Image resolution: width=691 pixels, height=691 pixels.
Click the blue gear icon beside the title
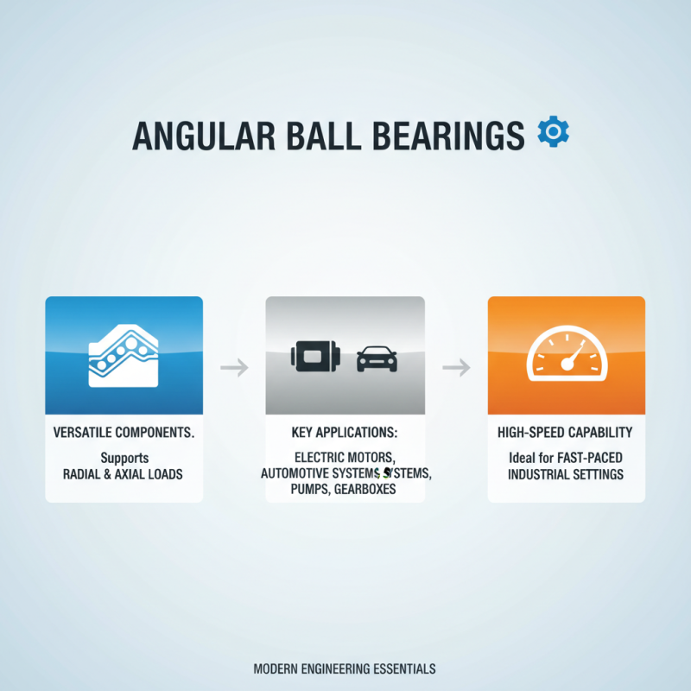click(553, 131)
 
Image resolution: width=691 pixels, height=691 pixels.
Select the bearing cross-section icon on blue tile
click(124, 355)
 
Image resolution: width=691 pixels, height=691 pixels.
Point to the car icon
click(377, 358)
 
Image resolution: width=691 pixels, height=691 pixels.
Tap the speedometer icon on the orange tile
click(566, 355)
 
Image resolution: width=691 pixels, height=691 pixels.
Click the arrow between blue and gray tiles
click(234, 368)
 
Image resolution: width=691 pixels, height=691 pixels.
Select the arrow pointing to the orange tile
click(456, 368)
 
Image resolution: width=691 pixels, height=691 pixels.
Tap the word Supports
click(124, 458)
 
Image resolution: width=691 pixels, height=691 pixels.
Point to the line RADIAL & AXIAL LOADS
click(124, 474)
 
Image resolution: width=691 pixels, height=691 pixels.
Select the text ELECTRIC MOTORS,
click(344, 458)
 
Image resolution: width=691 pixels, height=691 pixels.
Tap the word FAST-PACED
click(592, 458)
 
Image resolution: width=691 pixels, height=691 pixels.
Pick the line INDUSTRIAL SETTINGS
click(566, 474)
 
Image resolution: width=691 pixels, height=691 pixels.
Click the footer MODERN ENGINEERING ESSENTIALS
click(345, 669)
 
